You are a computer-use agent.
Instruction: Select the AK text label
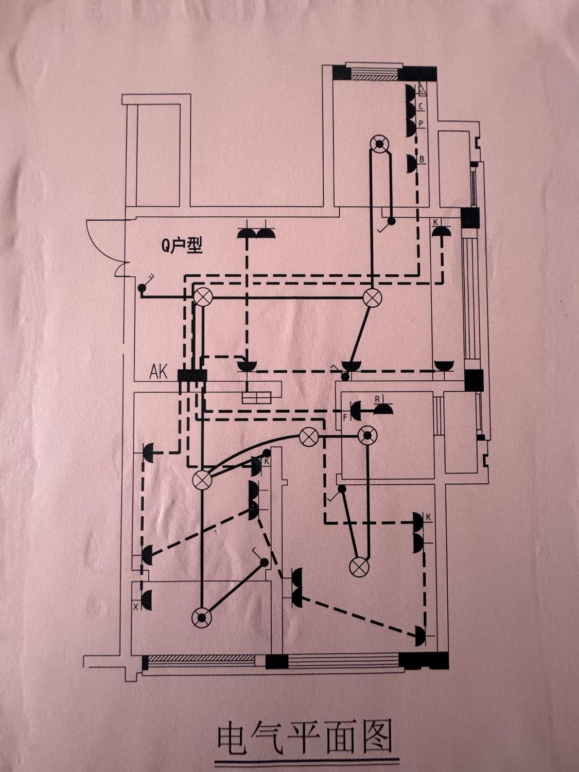coord(158,372)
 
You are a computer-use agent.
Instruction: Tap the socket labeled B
coord(411,163)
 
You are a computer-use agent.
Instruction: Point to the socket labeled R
coord(383,409)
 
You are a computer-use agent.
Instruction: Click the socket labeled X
coord(147,601)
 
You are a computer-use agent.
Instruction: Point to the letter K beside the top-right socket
coord(435,222)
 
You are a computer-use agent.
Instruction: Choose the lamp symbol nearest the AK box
coord(203,297)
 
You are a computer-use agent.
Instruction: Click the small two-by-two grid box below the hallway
coord(256,397)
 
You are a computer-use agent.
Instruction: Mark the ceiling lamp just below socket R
coord(367,436)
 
